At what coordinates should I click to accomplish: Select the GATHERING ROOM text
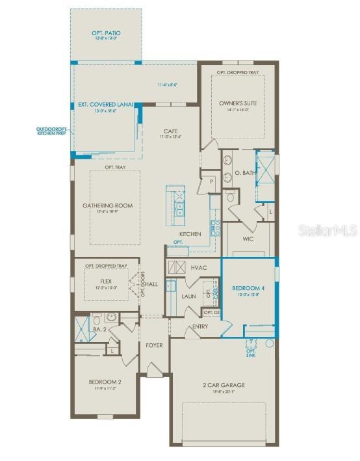coord(107,205)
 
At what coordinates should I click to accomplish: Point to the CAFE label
coord(170,131)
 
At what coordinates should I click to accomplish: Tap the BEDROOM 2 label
coord(106,382)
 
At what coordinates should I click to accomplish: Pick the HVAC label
coord(199,267)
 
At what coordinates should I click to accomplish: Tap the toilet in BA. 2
coord(96,319)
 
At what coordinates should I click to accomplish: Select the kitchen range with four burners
coord(216,227)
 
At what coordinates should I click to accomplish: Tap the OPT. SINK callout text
coord(251,352)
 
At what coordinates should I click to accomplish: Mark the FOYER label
coord(154,345)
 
